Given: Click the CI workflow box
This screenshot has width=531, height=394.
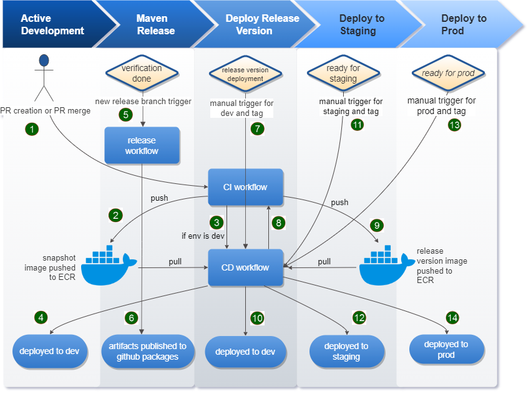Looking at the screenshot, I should pyautogui.click(x=245, y=187).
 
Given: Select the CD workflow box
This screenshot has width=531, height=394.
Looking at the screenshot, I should pyautogui.click(x=245, y=267).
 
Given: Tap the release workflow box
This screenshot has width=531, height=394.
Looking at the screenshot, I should pyautogui.click(x=142, y=145).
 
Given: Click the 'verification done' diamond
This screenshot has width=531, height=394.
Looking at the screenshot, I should pyautogui.click(x=142, y=74).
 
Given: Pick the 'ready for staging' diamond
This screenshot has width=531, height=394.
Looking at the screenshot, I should pyautogui.click(x=343, y=74).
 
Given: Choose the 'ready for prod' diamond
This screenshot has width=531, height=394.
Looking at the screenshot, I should pyautogui.click(x=448, y=74).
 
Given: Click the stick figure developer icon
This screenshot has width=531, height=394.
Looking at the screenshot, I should pyautogui.click(x=44, y=77).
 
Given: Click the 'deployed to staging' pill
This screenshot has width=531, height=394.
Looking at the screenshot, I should pyautogui.click(x=346, y=352).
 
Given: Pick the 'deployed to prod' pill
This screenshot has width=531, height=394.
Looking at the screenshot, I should pyautogui.click(x=446, y=350).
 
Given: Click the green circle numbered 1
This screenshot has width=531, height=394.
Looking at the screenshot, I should pyautogui.click(x=32, y=129).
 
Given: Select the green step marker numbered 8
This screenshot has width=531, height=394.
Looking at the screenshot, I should pyautogui.click(x=279, y=223).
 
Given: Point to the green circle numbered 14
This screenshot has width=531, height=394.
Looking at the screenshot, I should pyautogui.click(x=452, y=317).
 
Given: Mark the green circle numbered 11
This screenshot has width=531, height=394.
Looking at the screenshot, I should pyautogui.click(x=357, y=124).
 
